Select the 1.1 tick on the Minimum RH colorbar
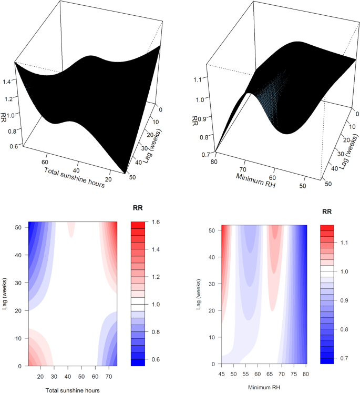[x=345, y=244]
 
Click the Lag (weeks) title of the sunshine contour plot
[x=5, y=294]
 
